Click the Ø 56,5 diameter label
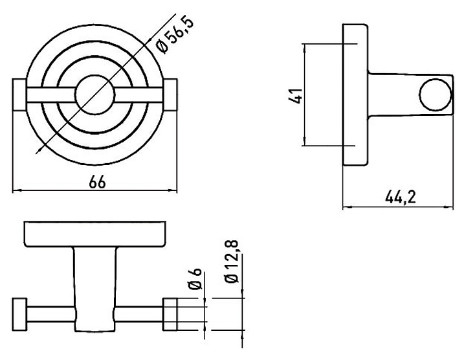(175, 35)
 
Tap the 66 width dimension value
(97, 182)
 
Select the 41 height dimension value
(296, 95)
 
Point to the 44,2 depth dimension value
(401, 197)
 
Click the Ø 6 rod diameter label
(195, 278)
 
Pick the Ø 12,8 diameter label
(232, 261)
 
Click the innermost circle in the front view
(94, 95)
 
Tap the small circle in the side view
(435, 95)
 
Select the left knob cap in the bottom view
(20, 314)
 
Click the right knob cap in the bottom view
(170, 314)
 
